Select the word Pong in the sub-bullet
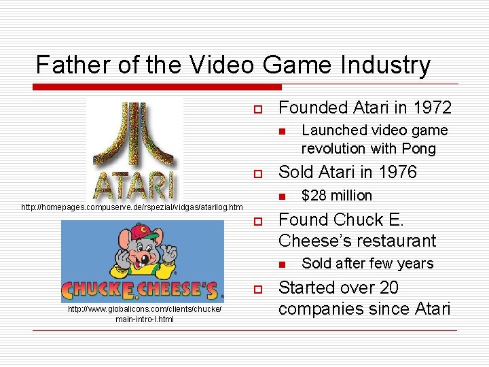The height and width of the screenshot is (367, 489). [x=419, y=148]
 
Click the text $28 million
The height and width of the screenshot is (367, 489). [x=336, y=196]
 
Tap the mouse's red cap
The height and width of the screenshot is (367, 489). [x=143, y=232]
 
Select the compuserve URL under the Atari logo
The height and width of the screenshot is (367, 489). [x=132, y=207]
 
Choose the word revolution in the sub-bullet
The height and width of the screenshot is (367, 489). [x=335, y=148]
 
